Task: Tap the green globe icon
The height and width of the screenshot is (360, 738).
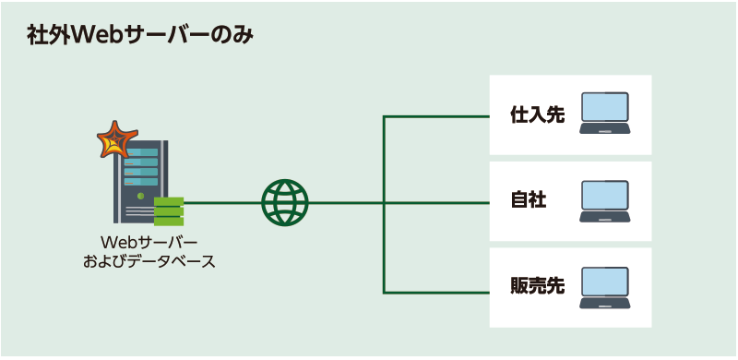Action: coord(286,202)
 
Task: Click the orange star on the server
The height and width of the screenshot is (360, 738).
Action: coord(114,139)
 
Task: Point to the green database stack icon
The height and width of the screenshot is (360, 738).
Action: coord(169,210)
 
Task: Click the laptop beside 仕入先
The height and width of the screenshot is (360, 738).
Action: coord(605,114)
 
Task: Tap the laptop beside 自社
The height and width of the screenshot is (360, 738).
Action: coord(605,201)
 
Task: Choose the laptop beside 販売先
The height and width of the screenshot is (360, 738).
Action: coord(605,288)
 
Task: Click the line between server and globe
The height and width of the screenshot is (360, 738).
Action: coord(221,202)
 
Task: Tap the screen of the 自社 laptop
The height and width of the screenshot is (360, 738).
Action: coord(605,197)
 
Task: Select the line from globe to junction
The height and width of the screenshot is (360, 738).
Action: coord(346,202)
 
